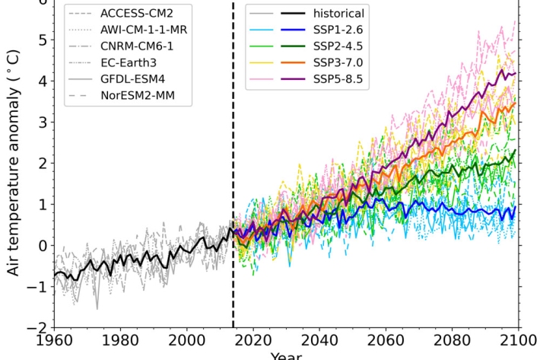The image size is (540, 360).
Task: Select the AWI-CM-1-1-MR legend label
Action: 144,30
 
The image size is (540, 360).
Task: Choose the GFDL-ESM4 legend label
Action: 132,81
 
